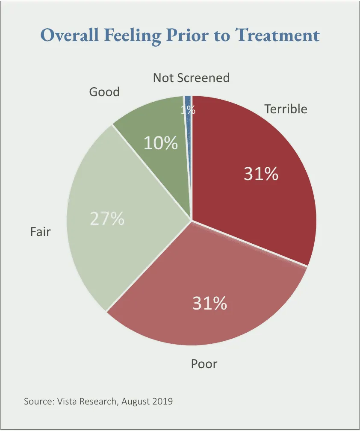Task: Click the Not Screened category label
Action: (x=191, y=78)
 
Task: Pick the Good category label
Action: (x=104, y=92)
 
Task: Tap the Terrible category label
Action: (x=286, y=109)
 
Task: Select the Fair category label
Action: (x=40, y=232)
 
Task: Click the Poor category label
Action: (x=204, y=364)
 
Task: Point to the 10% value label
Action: (x=160, y=144)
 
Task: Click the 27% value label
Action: (x=107, y=218)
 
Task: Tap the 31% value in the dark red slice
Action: (x=261, y=174)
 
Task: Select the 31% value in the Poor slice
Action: (x=209, y=304)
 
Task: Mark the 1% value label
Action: (x=188, y=110)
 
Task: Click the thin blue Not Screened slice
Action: (x=188, y=101)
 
